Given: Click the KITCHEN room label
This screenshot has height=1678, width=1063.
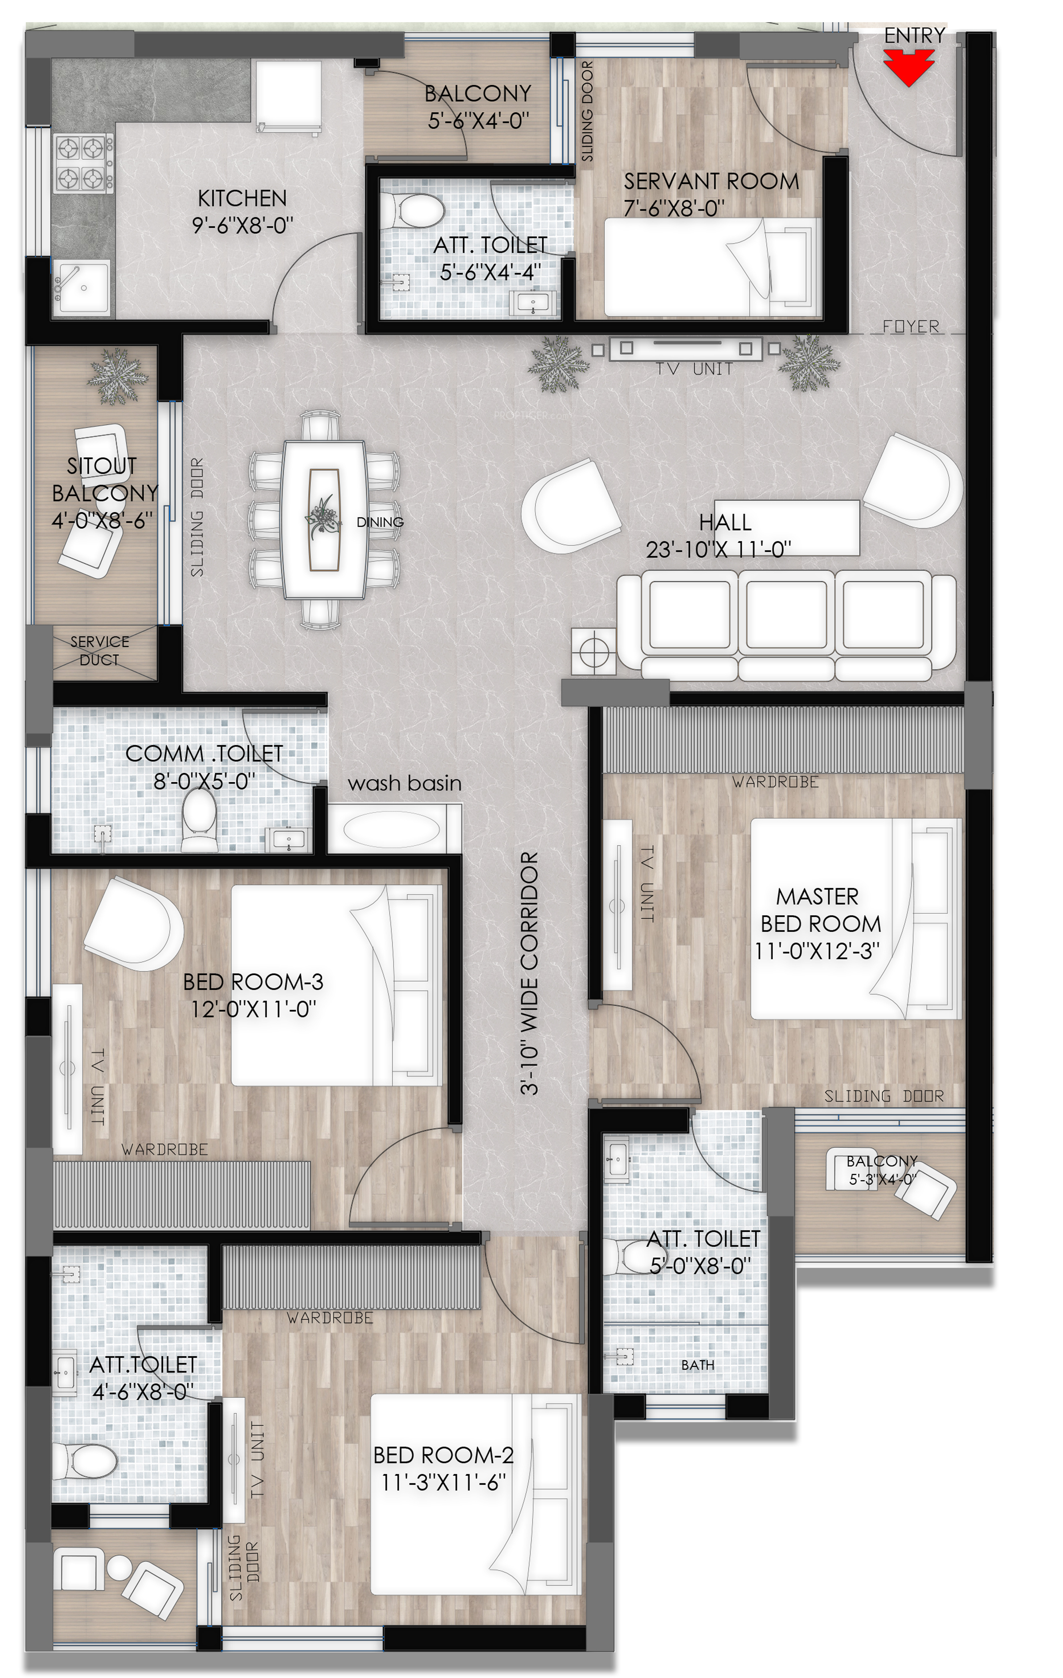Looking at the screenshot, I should (x=242, y=199).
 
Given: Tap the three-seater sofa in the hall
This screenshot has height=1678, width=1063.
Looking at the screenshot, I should (x=786, y=624).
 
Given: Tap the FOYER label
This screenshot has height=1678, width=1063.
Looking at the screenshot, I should (x=910, y=326).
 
